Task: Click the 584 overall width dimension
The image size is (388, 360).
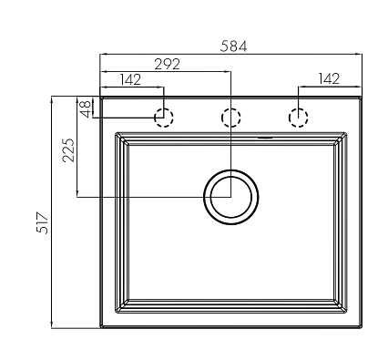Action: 233,46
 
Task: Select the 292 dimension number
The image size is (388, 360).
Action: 167,64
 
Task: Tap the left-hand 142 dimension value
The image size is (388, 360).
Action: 130,79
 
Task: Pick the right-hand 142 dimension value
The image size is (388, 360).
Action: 329,78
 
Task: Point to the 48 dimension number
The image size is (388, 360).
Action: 86,108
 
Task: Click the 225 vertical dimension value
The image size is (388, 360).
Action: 68,150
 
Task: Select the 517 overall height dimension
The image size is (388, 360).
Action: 43,223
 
